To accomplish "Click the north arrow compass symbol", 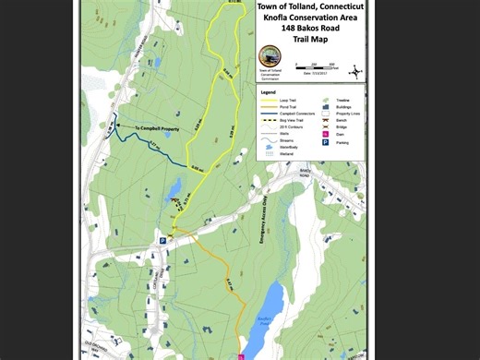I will (356, 66).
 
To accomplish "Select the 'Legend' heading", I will (268, 92).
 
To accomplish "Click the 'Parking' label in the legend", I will (342, 142).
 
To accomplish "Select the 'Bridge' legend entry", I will (342, 127).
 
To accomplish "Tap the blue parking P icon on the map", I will (162, 240).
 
